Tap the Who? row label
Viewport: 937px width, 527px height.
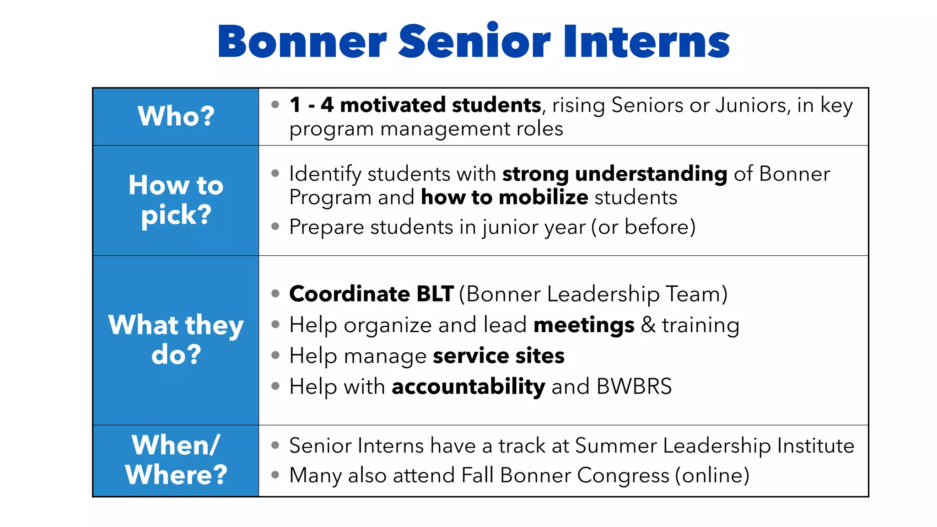[x=176, y=116]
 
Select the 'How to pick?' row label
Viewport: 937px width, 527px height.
[x=176, y=200]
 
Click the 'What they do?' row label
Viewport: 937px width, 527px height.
[x=176, y=339]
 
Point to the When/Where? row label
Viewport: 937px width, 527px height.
[x=176, y=460]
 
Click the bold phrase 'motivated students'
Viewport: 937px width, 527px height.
[x=441, y=105]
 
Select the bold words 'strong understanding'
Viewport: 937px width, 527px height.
[x=614, y=174]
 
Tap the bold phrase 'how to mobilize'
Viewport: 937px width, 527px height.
[x=504, y=198]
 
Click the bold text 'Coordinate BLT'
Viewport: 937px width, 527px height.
[x=372, y=294]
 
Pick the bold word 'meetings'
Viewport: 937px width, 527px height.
[x=584, y=325]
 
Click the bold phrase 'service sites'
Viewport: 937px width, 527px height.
[x=499, y=356]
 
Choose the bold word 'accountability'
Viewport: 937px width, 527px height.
[x=468, y=387]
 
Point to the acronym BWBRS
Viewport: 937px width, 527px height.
[x=634, y=387]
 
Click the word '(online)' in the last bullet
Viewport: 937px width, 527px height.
[x=712, y=475]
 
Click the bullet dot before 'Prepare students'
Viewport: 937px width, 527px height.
[x=275, y=226]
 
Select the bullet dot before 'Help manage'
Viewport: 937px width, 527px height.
[x=275, y=355]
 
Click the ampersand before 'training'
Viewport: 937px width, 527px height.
[x=648, y=325]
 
